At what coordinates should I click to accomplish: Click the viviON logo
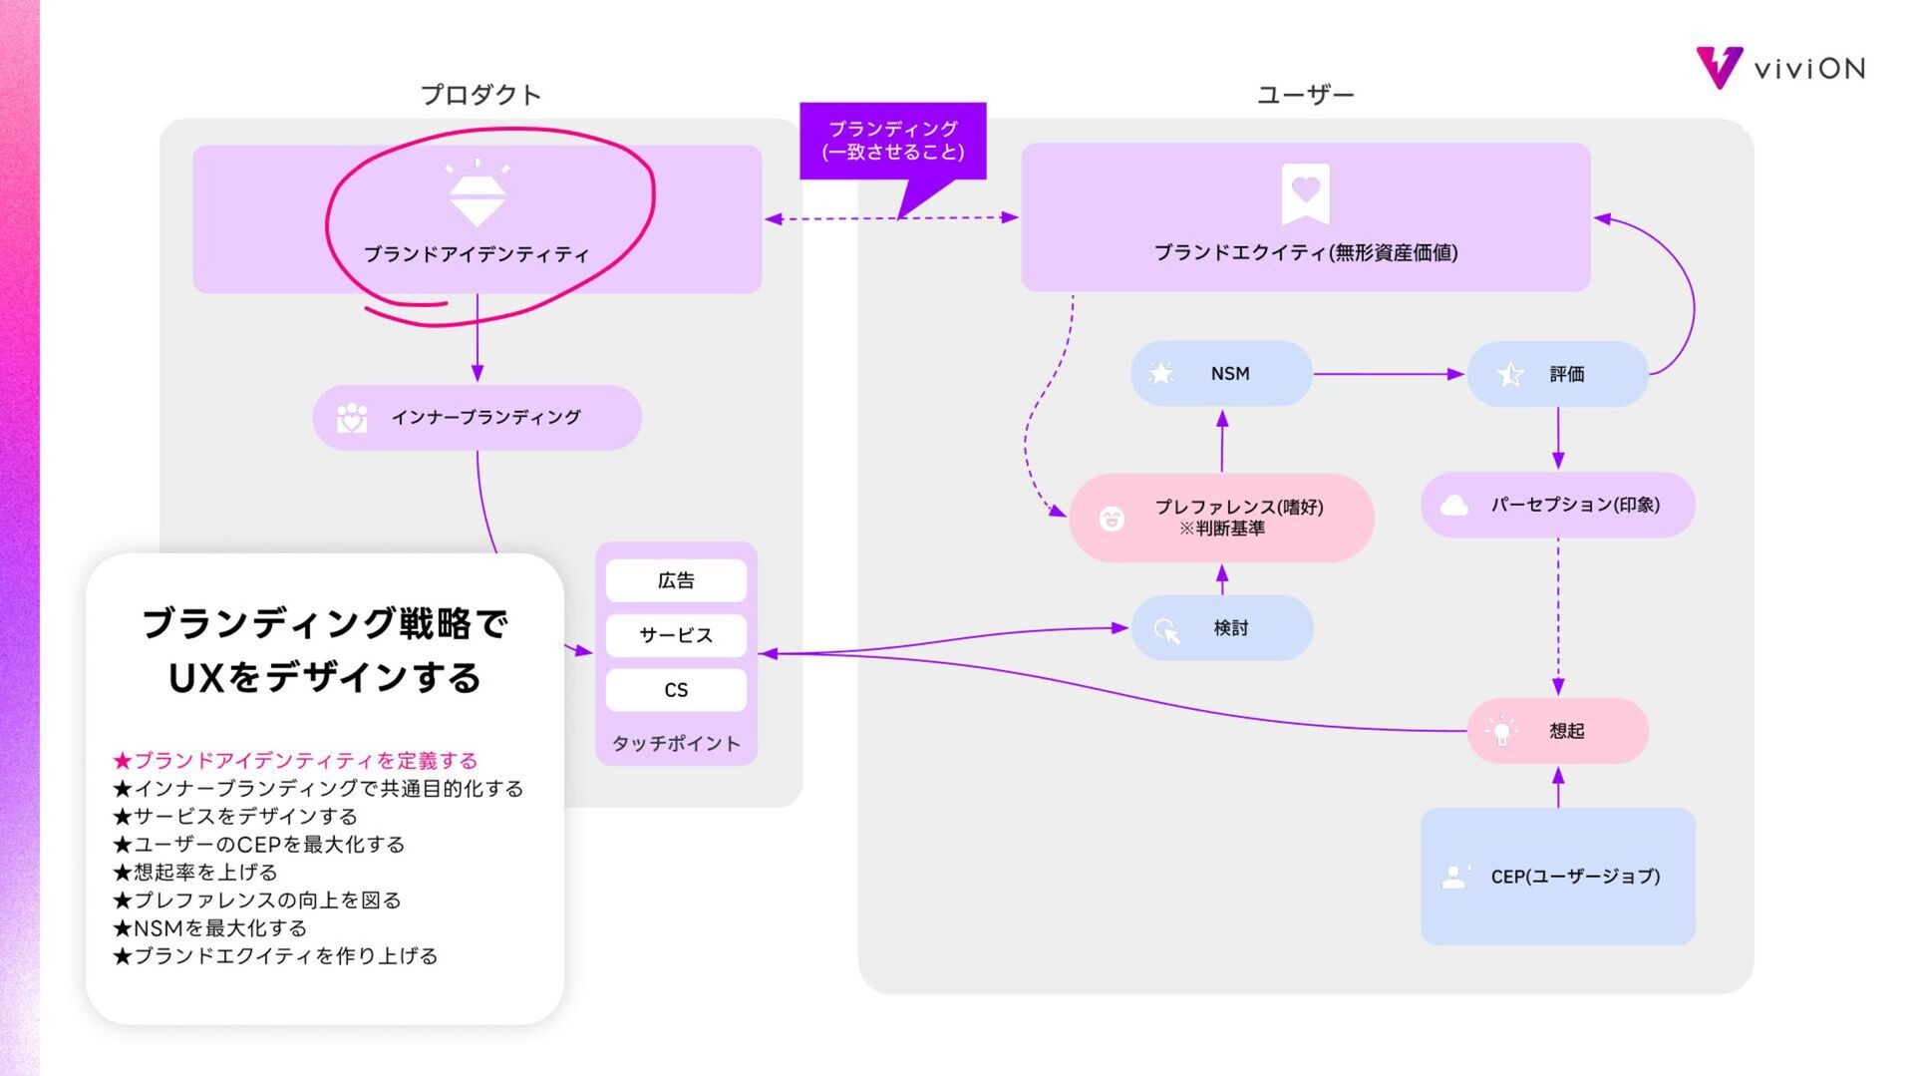click(1780, 68)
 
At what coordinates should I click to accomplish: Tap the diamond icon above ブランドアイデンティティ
click(477, 194)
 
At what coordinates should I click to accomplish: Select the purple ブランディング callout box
click(892, 141)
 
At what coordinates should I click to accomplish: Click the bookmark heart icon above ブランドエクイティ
click(1305, 193)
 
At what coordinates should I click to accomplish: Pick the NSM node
click(1221, 374)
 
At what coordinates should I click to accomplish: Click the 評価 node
click(1557, 374)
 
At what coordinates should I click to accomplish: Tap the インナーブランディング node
click(477, 418)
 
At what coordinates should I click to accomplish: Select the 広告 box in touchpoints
click(676, 580)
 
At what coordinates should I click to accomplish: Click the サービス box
click(676, 635)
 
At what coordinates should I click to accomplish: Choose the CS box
click(676, 690)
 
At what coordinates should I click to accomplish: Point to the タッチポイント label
click(676, 744)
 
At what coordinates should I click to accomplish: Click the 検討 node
click(1221, 628)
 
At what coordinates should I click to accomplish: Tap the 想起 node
click(1557, 731)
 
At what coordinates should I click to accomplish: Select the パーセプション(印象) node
click(1557, 505)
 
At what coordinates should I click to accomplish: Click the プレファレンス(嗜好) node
click(1221, 517)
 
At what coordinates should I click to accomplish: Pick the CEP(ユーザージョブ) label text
click(1575, 877)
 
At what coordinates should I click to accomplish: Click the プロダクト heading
click(480, 95)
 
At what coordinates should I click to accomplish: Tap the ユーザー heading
click(1305, 95)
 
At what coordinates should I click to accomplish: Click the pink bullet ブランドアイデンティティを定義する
click(296, 761)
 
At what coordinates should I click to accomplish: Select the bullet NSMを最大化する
click(210, 928)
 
